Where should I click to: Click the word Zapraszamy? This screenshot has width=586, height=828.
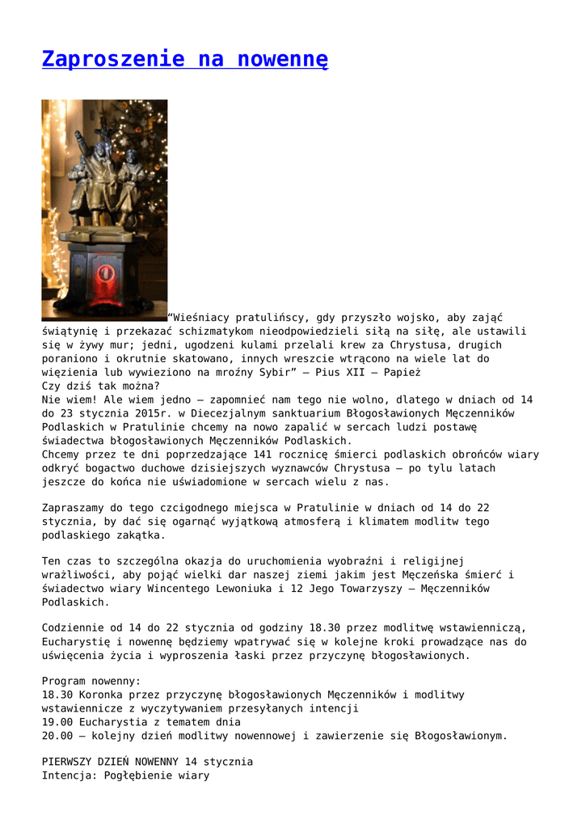(74, 507)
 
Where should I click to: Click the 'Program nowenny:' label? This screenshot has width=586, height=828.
(91, 681)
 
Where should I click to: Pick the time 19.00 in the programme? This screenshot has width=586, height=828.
(57, 722)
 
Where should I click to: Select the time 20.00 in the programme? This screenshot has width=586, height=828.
(57, 736)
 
